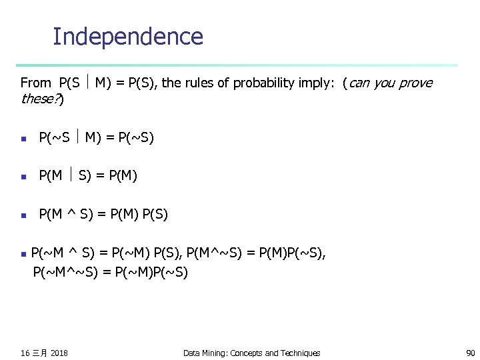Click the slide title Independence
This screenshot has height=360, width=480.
tap(127, 36)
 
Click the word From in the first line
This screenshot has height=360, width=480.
tap(35, 83)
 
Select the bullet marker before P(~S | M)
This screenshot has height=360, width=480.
tap(23, 139)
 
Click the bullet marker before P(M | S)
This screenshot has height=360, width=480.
tap(23, 177)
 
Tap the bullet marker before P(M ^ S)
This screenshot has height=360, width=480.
tap(23, 215)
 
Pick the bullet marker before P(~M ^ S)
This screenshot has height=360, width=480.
tap(23, 254)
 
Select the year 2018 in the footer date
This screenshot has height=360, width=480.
tap(59, 353)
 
